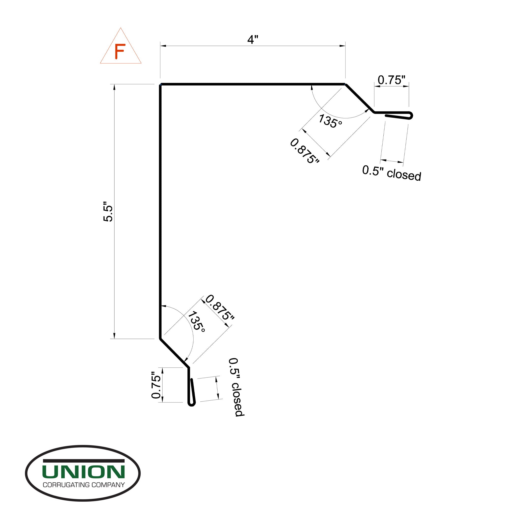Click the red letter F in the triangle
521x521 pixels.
click(120, 51)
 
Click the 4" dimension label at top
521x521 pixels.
click(253, 40)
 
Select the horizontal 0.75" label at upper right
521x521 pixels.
click(391, 80)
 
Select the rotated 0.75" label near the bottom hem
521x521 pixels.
click(156, 385)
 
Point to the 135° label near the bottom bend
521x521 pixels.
click(196, 322)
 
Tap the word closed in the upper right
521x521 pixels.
click(404, 175)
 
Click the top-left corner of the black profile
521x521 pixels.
click(161, 85)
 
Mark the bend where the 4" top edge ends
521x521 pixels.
click(345, 85)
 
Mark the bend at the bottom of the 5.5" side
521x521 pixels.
click(161, 338)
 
